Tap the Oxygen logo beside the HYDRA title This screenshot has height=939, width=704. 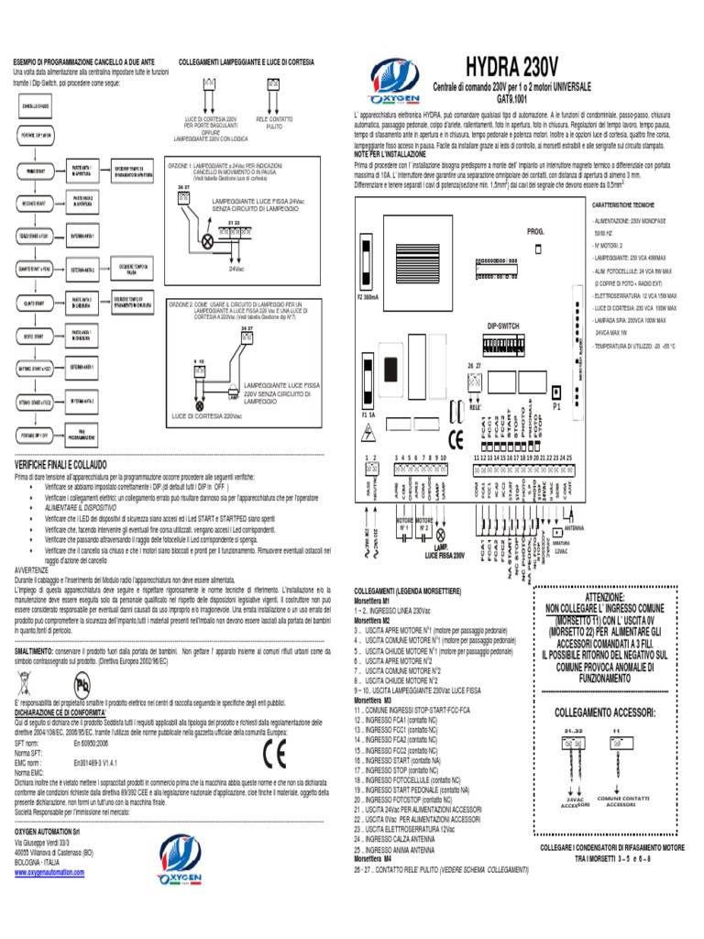(396, 74)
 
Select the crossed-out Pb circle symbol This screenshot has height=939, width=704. (83, 685)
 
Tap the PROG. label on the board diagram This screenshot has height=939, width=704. (535, 233)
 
